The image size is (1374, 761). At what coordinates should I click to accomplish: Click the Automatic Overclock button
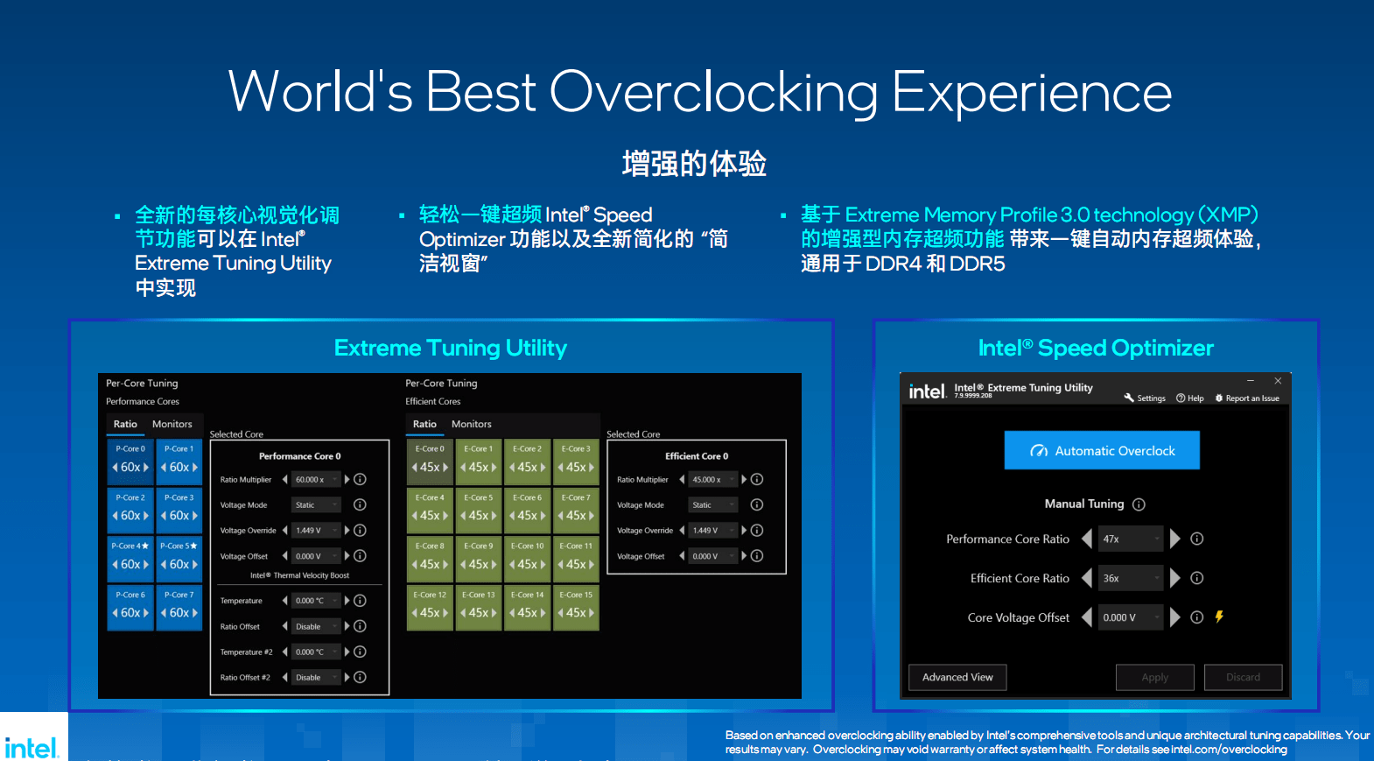1102,450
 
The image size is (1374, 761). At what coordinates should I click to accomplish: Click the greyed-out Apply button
1154,677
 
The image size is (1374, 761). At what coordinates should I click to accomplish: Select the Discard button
1243,677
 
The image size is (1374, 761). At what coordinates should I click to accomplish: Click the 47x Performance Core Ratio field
1130,539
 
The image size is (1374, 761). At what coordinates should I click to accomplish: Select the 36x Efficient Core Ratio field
1130,578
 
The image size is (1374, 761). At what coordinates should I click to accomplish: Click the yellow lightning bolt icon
1219,617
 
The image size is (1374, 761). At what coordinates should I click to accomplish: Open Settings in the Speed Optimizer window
1145,398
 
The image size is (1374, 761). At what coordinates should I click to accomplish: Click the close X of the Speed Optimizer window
1278,381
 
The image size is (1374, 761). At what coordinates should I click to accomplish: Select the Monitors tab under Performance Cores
172,424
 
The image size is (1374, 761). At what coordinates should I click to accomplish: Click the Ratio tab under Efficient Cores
424,424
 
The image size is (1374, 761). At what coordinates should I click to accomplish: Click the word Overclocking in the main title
713,93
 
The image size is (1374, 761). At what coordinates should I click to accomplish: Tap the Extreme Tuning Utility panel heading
451,348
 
